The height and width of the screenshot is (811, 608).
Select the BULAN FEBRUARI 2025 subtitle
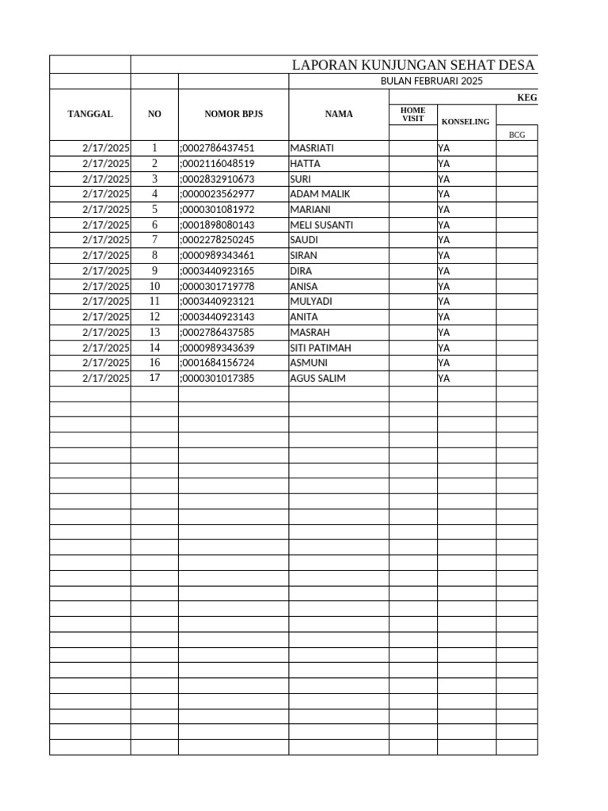coord(431,81)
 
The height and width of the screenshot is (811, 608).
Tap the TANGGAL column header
coord(90,114)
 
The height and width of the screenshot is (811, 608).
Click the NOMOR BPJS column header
coord(234,114)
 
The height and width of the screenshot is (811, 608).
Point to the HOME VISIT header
coord(412,114)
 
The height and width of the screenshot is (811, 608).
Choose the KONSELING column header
coord(465,121)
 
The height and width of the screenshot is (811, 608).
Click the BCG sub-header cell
coord(516,135)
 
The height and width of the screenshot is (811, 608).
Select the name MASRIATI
coord(312,148)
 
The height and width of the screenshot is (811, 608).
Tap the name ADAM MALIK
coord(320,194)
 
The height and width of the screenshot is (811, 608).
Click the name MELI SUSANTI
coord(321,225)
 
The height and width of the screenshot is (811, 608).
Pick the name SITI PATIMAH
coord(321,348)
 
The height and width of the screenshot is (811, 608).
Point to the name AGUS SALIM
coord(317,379)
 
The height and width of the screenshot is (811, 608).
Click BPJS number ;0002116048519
coord(217,163)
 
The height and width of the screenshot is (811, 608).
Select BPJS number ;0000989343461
coord(217,256)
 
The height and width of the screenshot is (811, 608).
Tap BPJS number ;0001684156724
coord(217,363)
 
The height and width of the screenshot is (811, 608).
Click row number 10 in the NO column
coord(154,286)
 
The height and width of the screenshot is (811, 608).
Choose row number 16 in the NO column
coord(154,363)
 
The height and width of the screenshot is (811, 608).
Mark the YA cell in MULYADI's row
coord(443,302)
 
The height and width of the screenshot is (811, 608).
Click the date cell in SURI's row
coord(105,179)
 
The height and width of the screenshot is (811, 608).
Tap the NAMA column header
coord(339,114)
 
